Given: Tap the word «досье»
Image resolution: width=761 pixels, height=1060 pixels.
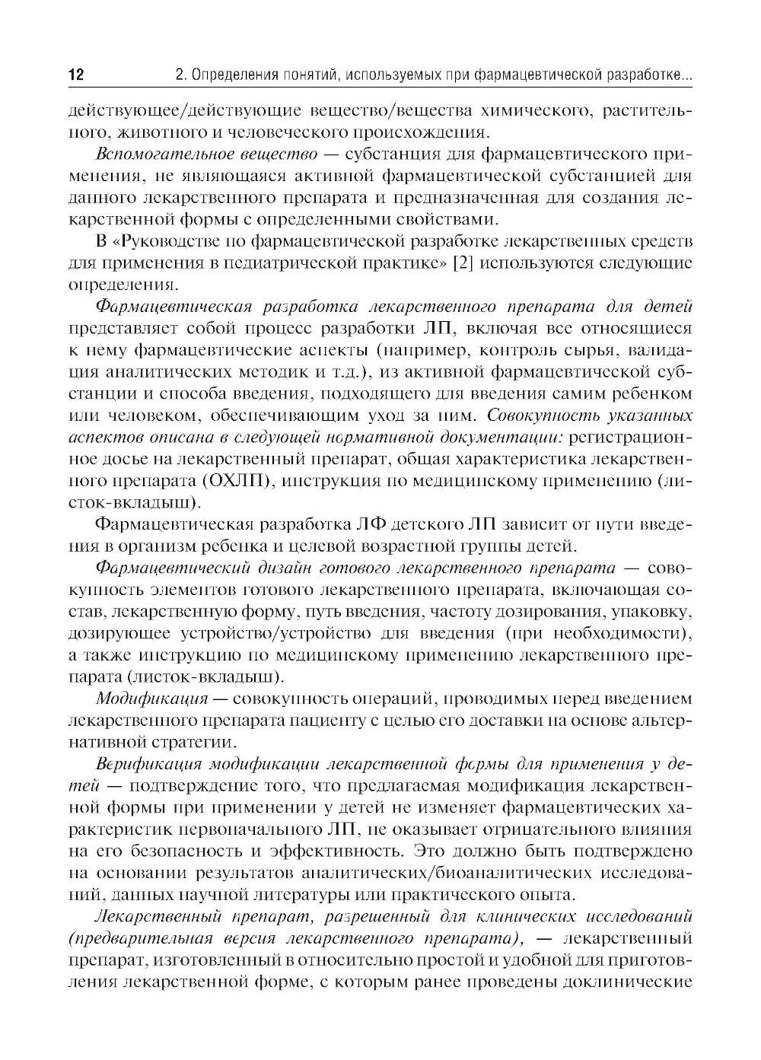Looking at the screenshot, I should pos(121,460).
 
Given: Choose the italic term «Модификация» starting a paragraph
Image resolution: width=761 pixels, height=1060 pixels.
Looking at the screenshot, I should pos(152,699).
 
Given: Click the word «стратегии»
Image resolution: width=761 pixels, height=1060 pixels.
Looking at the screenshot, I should pos(193,742).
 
